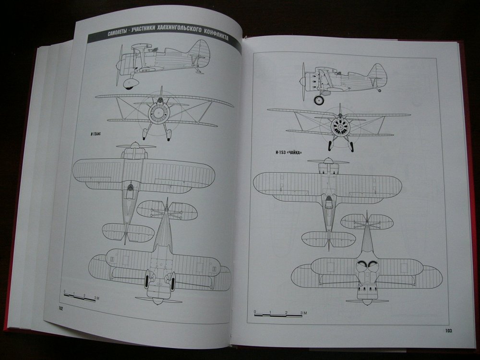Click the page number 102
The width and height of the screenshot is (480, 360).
(x=60, y=308)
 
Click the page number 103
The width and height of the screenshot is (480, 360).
(x=448, y=330)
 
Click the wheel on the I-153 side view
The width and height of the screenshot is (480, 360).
(x=318, y=100)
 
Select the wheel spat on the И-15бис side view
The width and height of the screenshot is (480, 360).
(x=130, y=84)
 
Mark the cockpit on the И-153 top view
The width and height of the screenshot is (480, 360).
(x=328, y=201)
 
